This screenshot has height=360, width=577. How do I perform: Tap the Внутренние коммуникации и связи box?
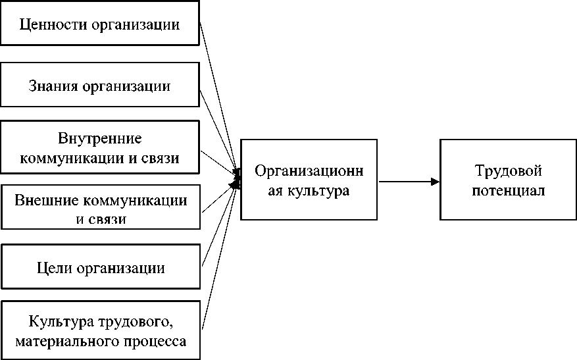(99, 149)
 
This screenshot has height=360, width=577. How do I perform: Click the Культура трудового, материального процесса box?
(101, 330)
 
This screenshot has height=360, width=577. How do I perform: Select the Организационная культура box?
(309, 179)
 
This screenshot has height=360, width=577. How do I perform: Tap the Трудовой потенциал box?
(508, 179)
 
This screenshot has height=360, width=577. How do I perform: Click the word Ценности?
(47, 26)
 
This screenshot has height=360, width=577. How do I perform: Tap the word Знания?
(53, 86)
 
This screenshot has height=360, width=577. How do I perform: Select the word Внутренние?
(100, 140)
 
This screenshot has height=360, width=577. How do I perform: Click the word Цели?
(53, 269)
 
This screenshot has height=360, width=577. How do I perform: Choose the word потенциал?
(508, 192)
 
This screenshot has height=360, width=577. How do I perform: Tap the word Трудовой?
(509, 171)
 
